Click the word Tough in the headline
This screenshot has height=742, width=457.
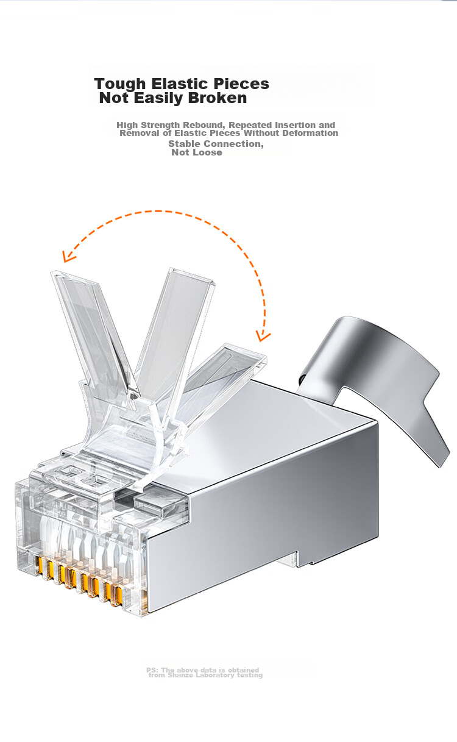120,84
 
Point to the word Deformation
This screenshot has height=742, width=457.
311,133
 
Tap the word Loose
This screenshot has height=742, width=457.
208,152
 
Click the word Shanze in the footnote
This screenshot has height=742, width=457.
180,675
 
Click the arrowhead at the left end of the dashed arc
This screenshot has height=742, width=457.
68,257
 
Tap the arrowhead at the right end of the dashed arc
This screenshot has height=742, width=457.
263,336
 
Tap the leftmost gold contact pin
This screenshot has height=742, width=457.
40,566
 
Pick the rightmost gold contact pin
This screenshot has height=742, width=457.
118,596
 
